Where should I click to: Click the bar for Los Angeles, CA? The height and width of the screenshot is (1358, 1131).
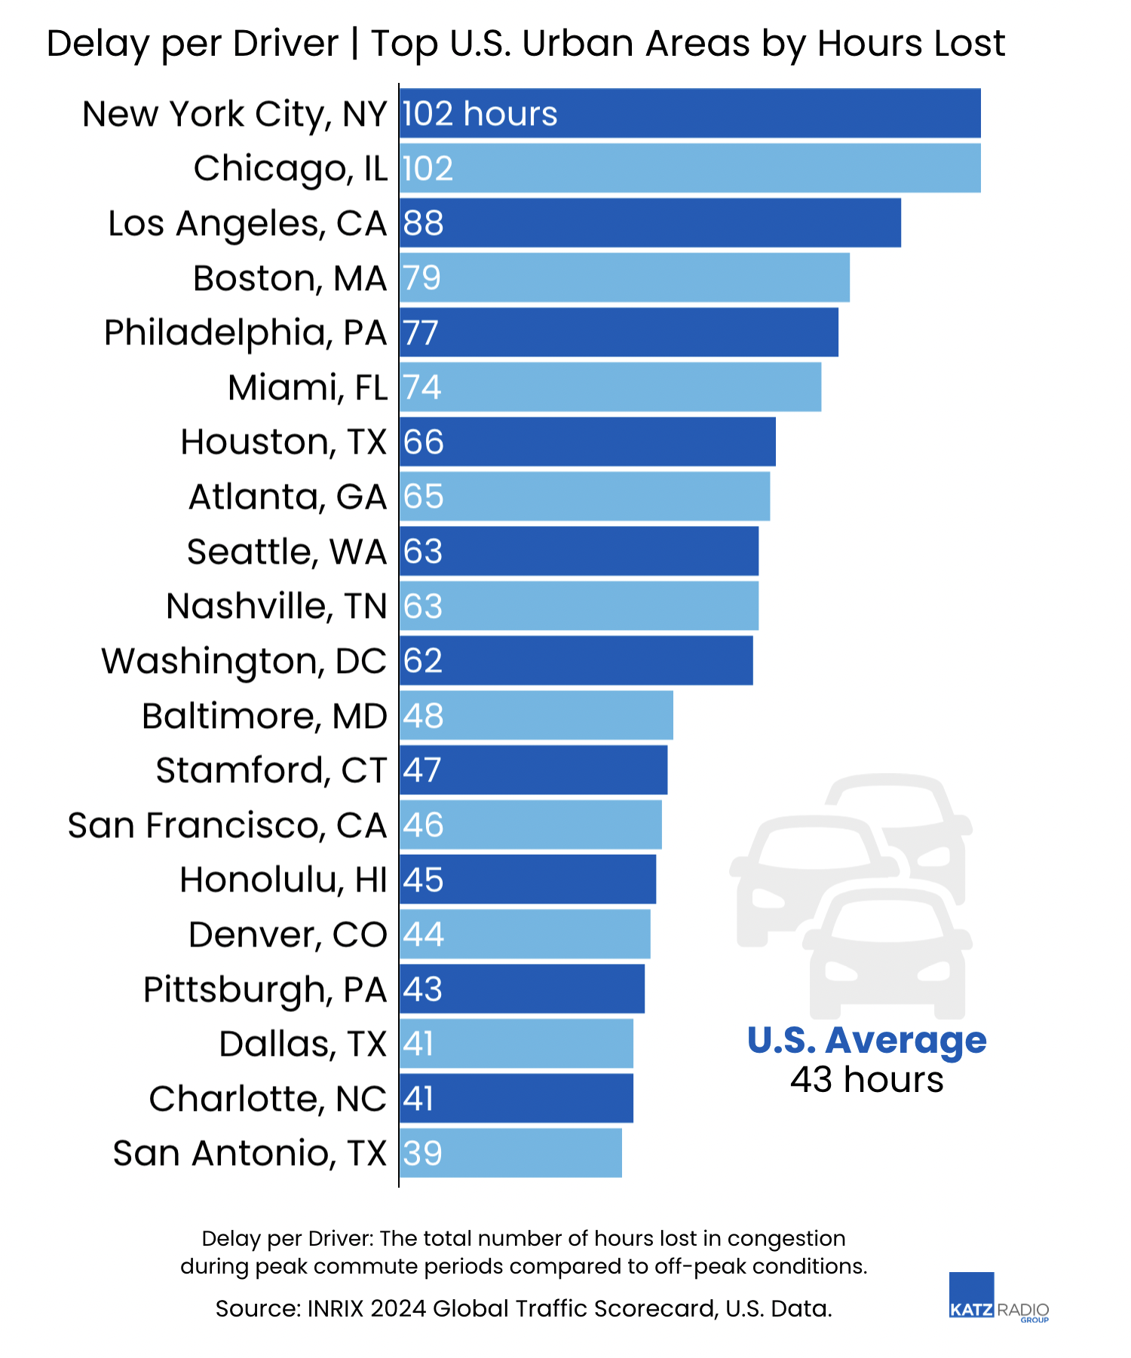(x=650, y=223)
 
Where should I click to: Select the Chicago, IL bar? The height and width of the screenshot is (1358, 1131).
(x=690, y=168)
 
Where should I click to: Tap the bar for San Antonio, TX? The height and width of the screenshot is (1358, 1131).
(x=510, y=1153)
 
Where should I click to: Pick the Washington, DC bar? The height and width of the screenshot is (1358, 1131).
(x=576, y=661)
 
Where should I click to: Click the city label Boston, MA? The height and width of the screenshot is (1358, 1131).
(x=290, y=278)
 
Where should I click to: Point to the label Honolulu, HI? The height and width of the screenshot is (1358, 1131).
(x=283, y=879)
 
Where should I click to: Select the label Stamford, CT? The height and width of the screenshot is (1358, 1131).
(x=271, y=770)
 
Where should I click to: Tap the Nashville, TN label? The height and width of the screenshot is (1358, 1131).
(x=276, y=606)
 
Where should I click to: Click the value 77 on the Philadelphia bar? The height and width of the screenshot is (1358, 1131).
(x=421, y=333)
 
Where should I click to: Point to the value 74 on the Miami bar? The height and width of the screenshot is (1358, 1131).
(x=421, y=387)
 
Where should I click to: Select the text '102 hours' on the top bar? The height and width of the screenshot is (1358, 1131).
(x=480, y=114)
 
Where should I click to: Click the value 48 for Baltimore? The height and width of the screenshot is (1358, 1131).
(x=423, y=716)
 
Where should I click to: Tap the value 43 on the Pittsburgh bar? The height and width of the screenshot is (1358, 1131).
(x=422, y=989)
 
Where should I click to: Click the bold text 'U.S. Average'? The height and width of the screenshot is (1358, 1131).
(x=866, y=1041)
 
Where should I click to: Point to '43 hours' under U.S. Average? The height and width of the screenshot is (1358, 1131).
(x=866, y=1080)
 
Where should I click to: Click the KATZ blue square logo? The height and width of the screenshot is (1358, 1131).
(x=971, y=1295)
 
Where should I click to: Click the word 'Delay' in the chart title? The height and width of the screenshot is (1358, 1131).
(x=98, y=44)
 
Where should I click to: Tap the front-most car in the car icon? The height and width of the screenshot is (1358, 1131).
(x=887, y=953)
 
